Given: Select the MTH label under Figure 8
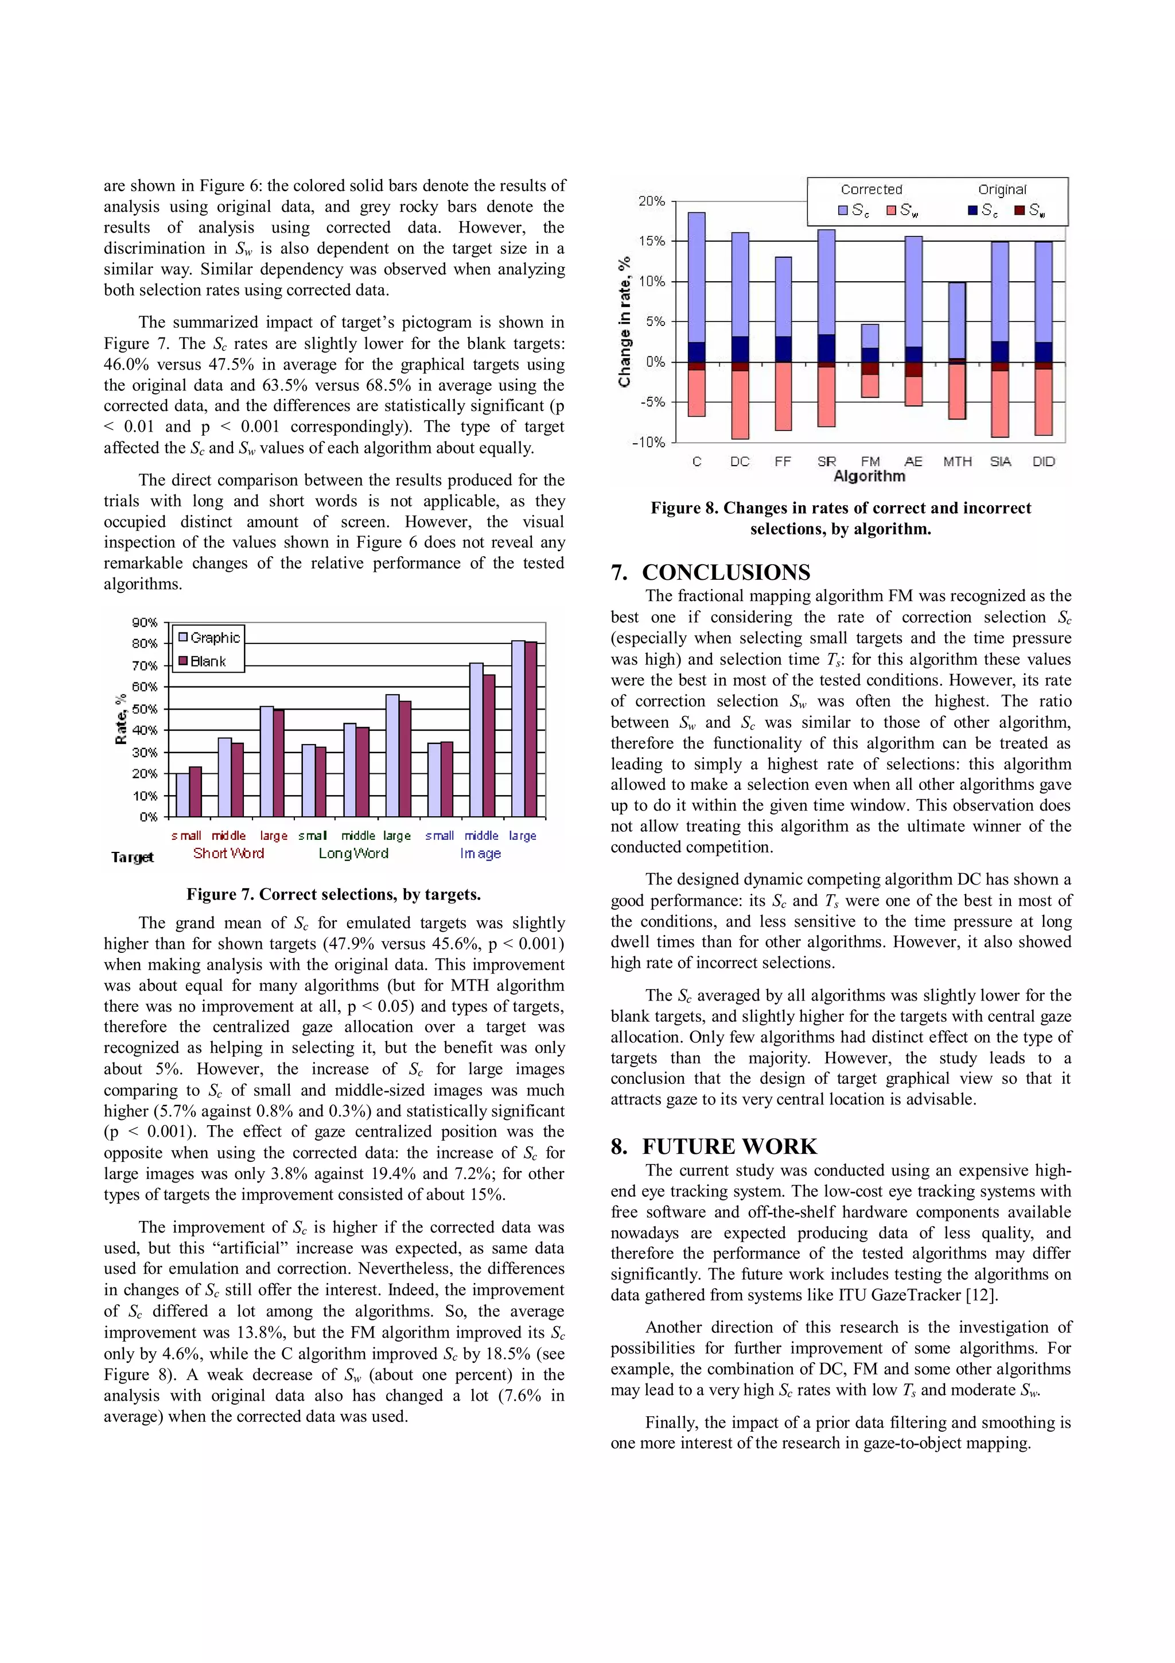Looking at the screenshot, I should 957,462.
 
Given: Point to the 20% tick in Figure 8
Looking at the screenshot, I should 652,201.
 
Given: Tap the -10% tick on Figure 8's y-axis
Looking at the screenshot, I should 649,442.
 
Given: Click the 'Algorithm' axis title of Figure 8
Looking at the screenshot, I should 869,476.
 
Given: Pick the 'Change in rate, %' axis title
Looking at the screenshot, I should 624,321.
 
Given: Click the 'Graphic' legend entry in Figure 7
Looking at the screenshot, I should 215,637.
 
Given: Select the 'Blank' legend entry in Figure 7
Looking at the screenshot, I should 208,661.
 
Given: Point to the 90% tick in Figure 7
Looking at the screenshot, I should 145,622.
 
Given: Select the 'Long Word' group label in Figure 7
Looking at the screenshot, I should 353,853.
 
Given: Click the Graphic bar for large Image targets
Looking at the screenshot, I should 518,728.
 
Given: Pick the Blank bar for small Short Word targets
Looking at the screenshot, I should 196,792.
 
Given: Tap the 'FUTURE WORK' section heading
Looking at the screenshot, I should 729,1146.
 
